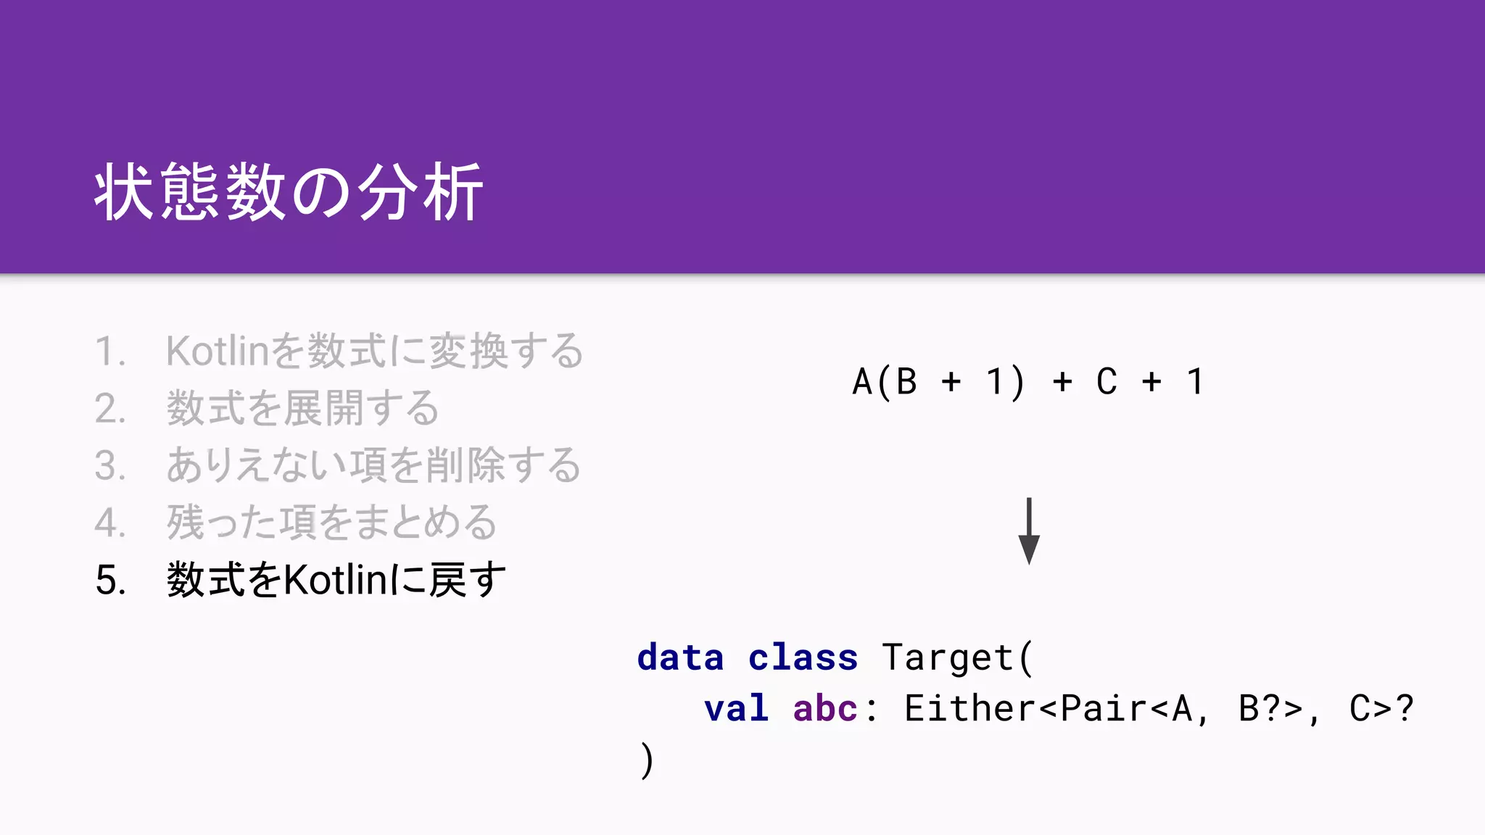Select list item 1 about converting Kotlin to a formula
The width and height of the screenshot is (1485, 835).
[x=373, y=352]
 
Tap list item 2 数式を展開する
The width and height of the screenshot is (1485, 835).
[x=302, y=408]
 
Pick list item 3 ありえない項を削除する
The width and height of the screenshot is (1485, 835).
[x=373, y=465]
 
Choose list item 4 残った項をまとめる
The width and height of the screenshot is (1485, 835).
[x=331, y=523]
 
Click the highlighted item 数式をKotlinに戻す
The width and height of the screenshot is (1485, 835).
[x=336, y=580]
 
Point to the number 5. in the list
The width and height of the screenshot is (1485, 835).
[x=111, y=581]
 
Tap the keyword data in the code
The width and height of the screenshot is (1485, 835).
[x=680, y=657]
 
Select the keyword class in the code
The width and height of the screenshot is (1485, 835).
[x=803, y=657]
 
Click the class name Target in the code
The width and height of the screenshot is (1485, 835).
[x=947, y=657]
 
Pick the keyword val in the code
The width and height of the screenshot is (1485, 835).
[x=736, y=708]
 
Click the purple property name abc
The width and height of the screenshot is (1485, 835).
[x=825, y=708]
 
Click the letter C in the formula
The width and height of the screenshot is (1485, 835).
[x=1106, y=382]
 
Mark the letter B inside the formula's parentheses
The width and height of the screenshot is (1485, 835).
[x=906, y=382]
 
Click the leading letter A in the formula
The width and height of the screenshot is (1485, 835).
[x=862, y=382]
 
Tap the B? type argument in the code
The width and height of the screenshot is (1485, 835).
[x=1260, y=708]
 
